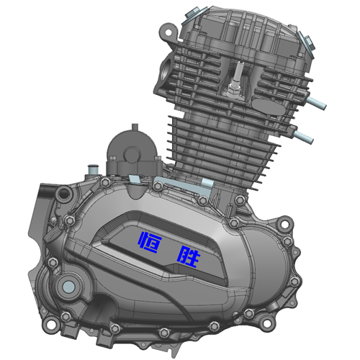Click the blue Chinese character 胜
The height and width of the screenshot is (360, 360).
[189, 256]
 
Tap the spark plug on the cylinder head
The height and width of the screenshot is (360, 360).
[234, 78]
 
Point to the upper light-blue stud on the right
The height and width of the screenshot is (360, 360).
[317, 103]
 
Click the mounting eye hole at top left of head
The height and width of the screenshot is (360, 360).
[168, 32]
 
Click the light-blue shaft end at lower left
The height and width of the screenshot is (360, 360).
[68, 287]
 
